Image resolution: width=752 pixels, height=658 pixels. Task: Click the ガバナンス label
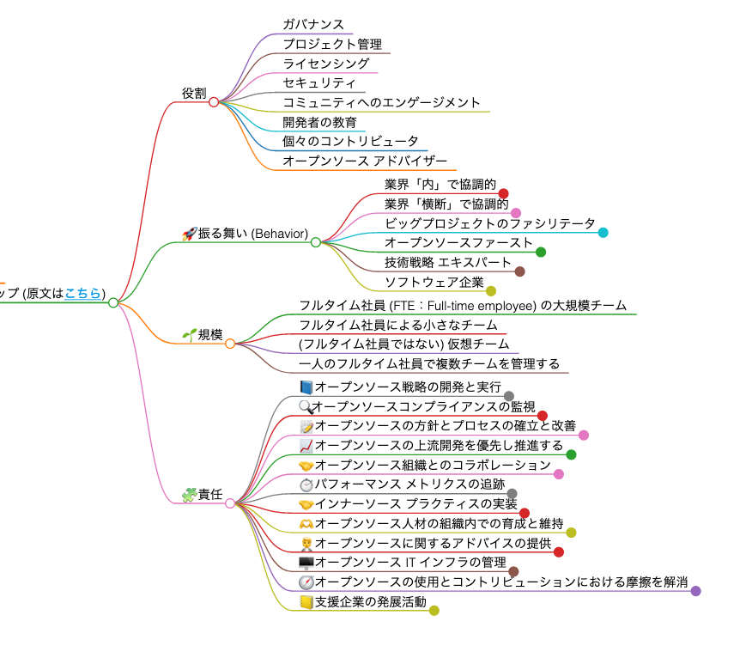click(x=313, y=25)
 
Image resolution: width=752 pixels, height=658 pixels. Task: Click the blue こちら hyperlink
click(x=82, y=294)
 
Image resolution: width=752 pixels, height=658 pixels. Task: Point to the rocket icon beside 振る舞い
click(x=190, y=234)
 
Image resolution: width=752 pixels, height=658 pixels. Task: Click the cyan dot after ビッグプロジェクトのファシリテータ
click(x=603, y=232)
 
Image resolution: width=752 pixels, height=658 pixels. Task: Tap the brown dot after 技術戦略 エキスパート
click(x=519, y=271)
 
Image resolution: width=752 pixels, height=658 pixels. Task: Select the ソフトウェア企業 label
click(x=434, y=283)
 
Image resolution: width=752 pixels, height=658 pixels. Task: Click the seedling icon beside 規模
click(x=190, y=335)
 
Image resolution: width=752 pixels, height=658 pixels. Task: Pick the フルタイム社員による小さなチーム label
click(x=398, y=325)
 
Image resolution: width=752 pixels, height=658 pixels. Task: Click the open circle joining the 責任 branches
click(x=230, y=503)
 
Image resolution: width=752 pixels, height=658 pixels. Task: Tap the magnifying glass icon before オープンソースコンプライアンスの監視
click(x=306, y=406)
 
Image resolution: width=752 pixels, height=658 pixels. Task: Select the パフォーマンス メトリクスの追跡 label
click(x=409, y=484)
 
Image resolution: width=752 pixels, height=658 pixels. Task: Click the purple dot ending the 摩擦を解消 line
click(x=696, y=591)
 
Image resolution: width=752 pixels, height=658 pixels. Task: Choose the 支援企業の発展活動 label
click(x=370, y=602)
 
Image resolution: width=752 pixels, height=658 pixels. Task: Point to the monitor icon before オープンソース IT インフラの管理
click(x=306, y=563)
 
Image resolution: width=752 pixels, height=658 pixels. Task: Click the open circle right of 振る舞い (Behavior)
click(x=316, y=242)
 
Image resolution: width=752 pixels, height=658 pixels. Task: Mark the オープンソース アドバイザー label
click(x=365, y=161)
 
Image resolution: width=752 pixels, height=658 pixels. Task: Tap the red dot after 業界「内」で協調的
click(x=504, y=193)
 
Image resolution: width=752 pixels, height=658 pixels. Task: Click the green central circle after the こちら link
click(x=113, y=302)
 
